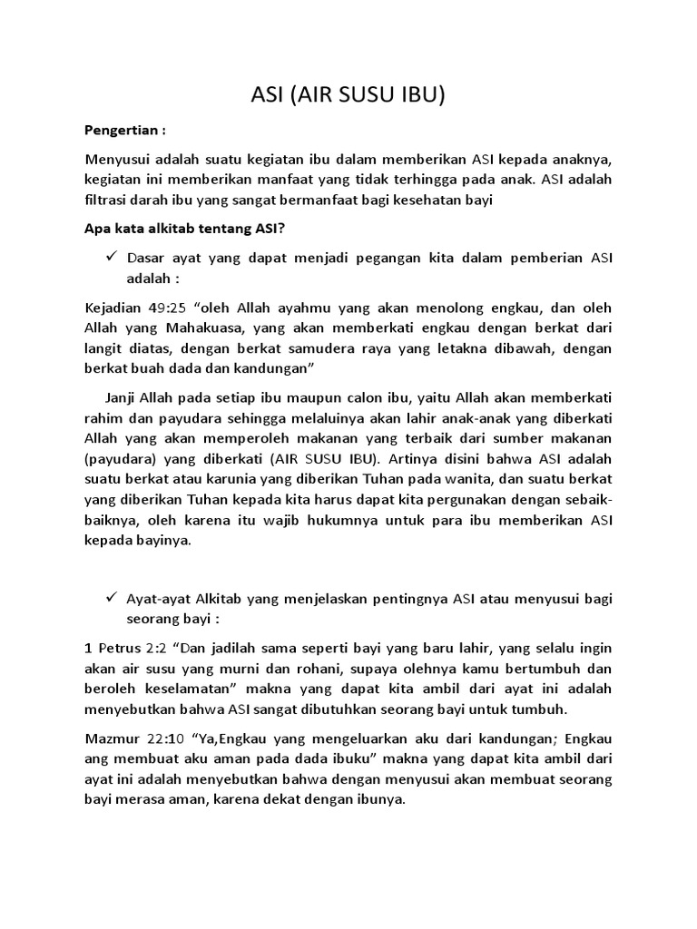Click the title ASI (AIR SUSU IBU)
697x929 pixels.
pos(348,95)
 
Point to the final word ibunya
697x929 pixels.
pos(379,802)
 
